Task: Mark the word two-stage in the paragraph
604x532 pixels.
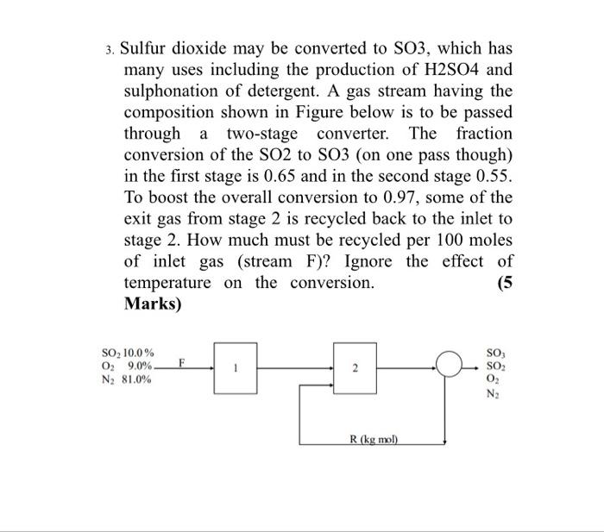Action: point(261,134)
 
